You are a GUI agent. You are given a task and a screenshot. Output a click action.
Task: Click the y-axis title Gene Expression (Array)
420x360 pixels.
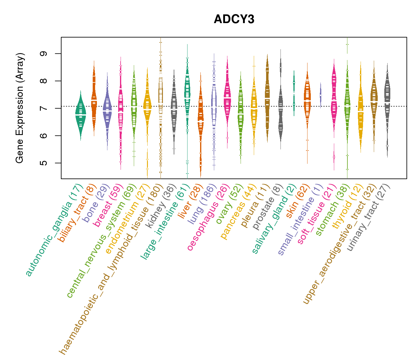coord(20,108)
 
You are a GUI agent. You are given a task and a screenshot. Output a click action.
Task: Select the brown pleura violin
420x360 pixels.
coord(267,99)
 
